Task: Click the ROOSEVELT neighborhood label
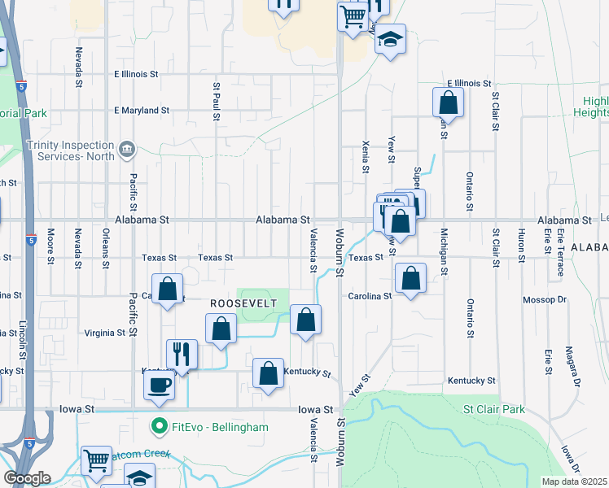click(244, 303)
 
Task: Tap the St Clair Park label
click(494, 410)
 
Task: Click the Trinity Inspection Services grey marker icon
click(127, 149)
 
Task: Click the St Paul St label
click(217, 101)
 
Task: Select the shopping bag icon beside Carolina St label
click(411, 278)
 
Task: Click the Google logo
click(26, 478)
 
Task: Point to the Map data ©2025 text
click(574, 481)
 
